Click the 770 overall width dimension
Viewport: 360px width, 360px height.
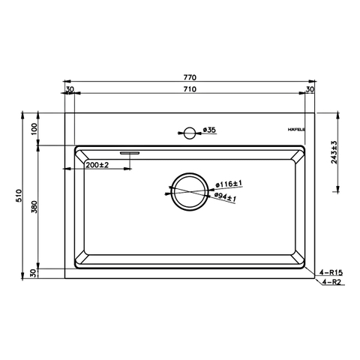(x=190, y=77)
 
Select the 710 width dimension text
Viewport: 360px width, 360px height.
(x=190, y=89)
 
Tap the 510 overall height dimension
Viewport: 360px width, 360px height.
(x=19, y=195)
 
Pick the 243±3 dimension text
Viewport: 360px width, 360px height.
(x=334, y=152)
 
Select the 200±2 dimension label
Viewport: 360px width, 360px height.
(x=97, y=165)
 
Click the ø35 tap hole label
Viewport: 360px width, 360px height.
(x=209, y=130)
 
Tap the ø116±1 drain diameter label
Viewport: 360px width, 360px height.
(x=229, y=184)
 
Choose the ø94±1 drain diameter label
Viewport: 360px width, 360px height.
(x=225, y=198)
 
